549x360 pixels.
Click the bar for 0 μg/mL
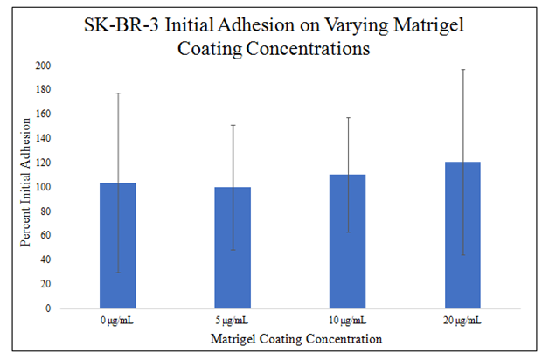[117, 246]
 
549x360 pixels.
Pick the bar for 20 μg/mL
[462, 235]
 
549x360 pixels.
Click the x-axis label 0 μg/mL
[117, 320]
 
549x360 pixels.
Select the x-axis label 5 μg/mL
[233, 320]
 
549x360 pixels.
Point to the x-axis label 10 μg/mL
[348, 320]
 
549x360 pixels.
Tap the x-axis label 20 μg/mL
[462, 320]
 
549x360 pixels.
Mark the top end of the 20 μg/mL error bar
[462, 69]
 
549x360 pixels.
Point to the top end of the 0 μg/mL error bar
[117, 93]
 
